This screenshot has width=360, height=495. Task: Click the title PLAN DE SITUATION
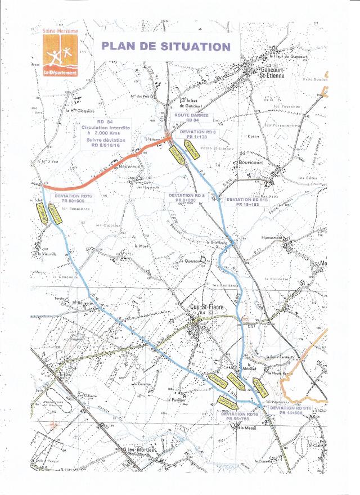(165, 47)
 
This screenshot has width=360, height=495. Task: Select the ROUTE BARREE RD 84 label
(193, 118)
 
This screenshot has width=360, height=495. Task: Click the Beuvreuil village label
(129, 167)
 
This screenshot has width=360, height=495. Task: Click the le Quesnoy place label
(190, 260)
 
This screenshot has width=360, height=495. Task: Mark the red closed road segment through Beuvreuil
(112, 168)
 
